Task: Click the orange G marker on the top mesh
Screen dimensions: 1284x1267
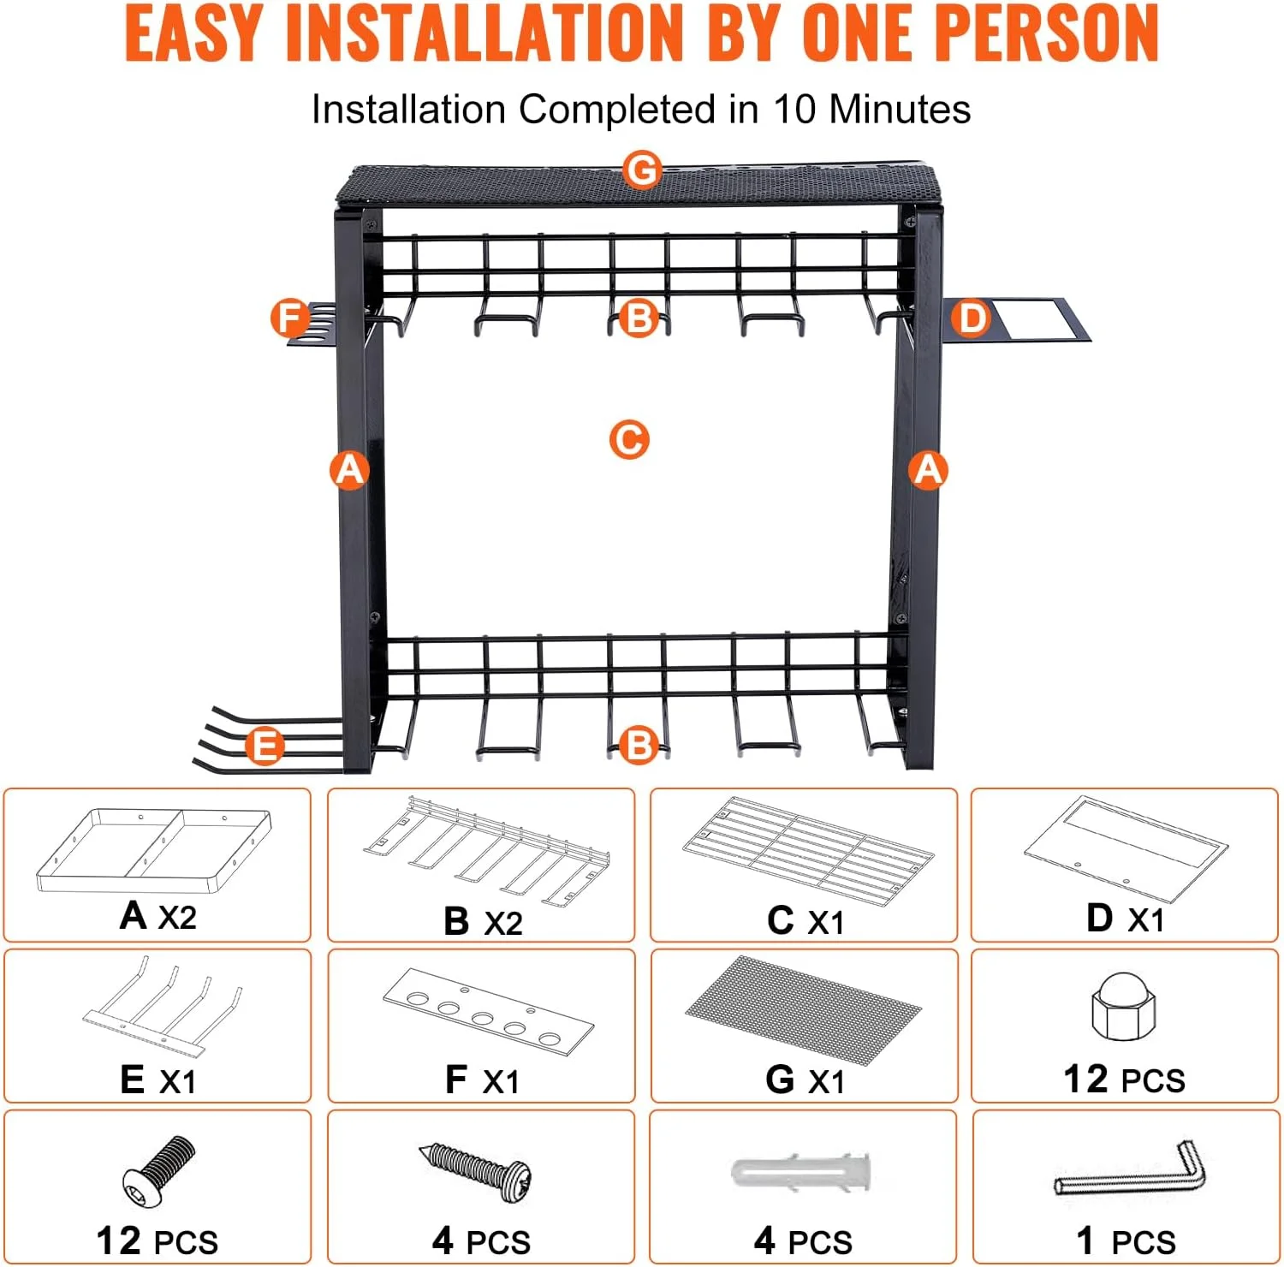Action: [x=642, y=170]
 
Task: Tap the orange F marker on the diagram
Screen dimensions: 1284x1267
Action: [x=290, y=318]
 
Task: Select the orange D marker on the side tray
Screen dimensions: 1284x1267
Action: [x=971, y=318]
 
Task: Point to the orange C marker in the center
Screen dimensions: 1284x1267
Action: [x=629, y=440]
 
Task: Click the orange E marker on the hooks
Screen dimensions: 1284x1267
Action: [x=265, y=745]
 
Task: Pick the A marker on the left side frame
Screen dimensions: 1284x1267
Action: [x=349, y=470]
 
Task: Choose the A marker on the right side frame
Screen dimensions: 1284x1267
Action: [x=929, y=470]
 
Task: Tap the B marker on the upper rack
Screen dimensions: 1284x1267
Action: [x=639, y=318]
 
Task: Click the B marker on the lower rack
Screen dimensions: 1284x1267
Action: [x=639, y=745]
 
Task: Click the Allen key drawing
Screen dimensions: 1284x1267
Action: [x=1130, y=1169]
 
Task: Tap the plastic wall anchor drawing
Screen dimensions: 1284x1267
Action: [x=802, y=1170]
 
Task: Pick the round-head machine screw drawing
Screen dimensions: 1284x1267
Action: [x=158, y=1168]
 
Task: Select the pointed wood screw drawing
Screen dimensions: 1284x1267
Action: [x=476, y=1170]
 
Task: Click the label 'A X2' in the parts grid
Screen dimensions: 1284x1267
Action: [x=158, y=917]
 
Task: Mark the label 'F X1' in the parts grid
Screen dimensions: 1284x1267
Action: [x=482, y=1080]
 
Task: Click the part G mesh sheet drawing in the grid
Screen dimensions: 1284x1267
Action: [x=803, y=1011]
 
